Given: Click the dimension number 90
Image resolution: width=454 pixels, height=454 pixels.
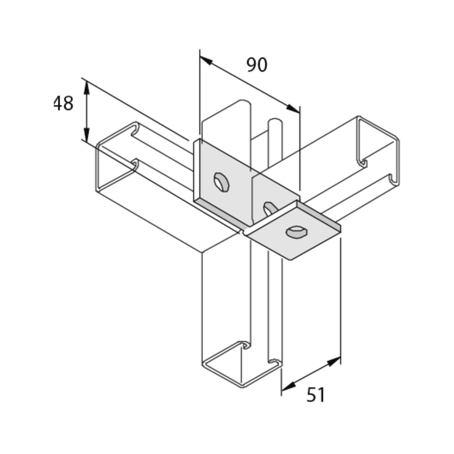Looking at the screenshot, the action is click(257, 65).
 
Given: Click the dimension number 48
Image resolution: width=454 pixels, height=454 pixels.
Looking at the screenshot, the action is click(63, 103).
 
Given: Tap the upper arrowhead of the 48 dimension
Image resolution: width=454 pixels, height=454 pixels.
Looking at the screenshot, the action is click(86, 88).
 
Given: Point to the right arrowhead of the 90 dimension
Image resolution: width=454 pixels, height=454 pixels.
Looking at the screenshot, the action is click(293, 108).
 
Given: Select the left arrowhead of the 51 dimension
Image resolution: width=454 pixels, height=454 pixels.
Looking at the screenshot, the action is click(288, 386).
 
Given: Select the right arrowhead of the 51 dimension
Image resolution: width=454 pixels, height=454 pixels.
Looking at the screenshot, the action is click(333, 361).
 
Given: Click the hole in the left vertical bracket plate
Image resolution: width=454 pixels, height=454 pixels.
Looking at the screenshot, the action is click(221, 182).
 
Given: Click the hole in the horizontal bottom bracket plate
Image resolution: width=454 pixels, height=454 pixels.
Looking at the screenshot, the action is click(297, 231).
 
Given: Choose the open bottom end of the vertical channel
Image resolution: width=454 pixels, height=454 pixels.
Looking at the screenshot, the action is click(242, 364).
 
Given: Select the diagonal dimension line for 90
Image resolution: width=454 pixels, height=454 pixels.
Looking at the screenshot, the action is click(250, 84).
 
